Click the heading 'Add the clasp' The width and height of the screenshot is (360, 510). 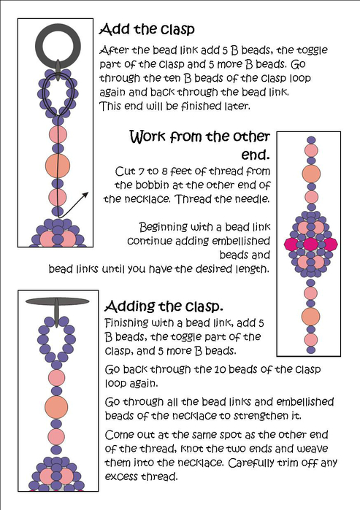click(147, 29)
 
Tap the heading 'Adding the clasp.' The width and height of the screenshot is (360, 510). click(164, 306)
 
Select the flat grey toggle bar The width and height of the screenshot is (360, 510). click(57, 301)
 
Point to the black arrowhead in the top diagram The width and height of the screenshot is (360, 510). click(85, 195)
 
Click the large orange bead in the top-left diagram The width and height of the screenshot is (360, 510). click(58, 166)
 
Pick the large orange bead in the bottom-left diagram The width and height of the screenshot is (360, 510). click(56, 407)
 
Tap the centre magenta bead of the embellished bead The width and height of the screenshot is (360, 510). click(310, 244)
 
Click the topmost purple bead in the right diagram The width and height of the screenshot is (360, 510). click(312, 140)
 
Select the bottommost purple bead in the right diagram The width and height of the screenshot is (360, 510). click(311, 350)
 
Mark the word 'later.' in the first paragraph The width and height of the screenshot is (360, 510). click(237, 106)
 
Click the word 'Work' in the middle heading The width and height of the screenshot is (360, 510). click(148, 136)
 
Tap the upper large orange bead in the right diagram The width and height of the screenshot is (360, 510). click(311, 174)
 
